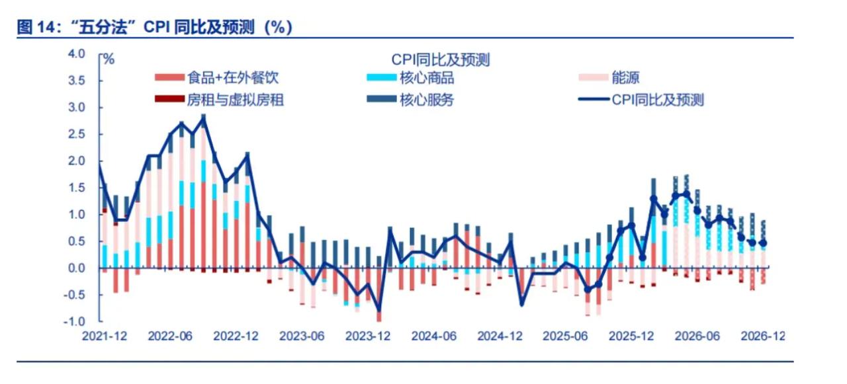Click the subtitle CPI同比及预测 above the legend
(x=440, y=60)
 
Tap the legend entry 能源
(x=625, y=78)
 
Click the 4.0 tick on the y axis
(x=87, y=54)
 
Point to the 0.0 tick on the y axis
(x=87, y=268)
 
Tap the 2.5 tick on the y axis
(x=87, y=134)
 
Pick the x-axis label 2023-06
(x=302, y=336)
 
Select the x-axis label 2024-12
(x=500, y=336)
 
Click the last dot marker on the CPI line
(x=763, y=243)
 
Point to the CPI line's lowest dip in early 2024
(x=379, y=311)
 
